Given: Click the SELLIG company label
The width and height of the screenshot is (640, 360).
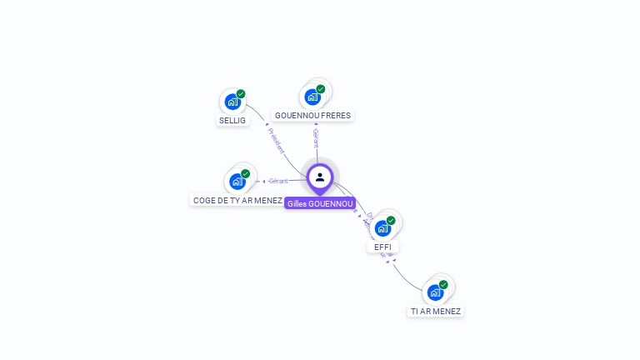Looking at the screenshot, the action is pos(232,120).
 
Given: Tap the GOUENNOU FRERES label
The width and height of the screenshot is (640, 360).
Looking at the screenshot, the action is pos(312,115).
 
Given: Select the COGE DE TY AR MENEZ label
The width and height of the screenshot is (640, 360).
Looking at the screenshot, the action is pos(237,200).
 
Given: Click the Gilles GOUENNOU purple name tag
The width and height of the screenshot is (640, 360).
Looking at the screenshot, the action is pos(320,203).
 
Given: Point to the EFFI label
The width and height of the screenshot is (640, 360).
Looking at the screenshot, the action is pos(382,247).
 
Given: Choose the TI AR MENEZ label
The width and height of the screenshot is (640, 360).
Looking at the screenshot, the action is pos(435,311).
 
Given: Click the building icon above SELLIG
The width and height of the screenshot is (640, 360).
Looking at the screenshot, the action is pos(232,102).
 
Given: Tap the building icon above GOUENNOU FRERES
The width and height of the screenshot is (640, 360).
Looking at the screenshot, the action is pos(312,97).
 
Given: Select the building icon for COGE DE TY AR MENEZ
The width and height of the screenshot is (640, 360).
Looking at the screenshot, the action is pos(237,181).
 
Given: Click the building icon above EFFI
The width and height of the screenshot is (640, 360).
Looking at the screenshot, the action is pos(382,227).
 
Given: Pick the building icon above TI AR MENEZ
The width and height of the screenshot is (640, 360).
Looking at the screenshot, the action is pos(435,292).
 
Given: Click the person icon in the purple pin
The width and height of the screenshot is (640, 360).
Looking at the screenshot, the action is pos(320,177).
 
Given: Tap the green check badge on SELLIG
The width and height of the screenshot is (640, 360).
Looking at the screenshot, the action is pos(241,94).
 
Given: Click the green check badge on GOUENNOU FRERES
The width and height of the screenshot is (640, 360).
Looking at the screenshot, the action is pos(321,89).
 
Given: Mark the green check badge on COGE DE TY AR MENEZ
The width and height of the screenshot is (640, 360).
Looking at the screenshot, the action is pos(246,173).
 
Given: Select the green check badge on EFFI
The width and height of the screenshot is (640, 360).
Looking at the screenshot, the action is pos(391,220).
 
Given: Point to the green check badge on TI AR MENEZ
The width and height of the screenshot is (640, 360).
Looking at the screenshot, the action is pos(443,284).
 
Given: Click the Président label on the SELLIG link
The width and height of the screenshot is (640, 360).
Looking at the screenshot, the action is pos(276,140).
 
